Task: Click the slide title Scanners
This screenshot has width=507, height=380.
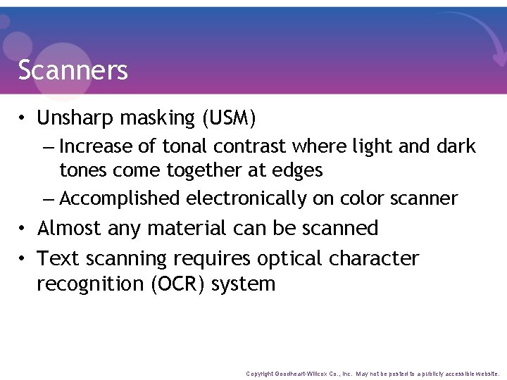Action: point(73,70)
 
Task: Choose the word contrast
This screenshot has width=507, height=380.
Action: point(251,146)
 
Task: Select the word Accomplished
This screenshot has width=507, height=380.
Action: point(120,198)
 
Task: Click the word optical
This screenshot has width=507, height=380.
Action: point(290,258)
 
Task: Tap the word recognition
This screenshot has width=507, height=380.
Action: point(89,284)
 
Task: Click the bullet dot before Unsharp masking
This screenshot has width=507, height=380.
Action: point(23,118)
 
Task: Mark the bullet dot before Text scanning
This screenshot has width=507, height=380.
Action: point(23,259)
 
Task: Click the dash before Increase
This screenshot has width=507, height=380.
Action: point(47,147)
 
